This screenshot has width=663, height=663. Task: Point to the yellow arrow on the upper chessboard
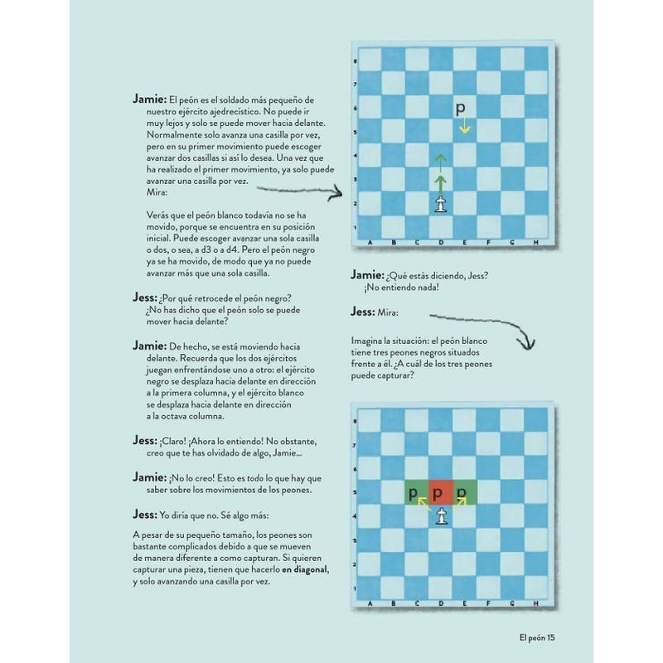465,126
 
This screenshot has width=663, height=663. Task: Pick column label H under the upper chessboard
536,242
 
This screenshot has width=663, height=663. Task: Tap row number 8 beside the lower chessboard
356,422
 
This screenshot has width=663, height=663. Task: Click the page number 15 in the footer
555,637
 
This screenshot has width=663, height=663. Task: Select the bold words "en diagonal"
305,569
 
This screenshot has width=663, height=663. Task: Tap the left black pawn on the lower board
413,494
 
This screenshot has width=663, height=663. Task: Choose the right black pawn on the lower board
462,494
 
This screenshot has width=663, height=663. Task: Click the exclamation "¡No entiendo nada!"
400,288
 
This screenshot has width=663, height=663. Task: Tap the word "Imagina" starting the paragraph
369,341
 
